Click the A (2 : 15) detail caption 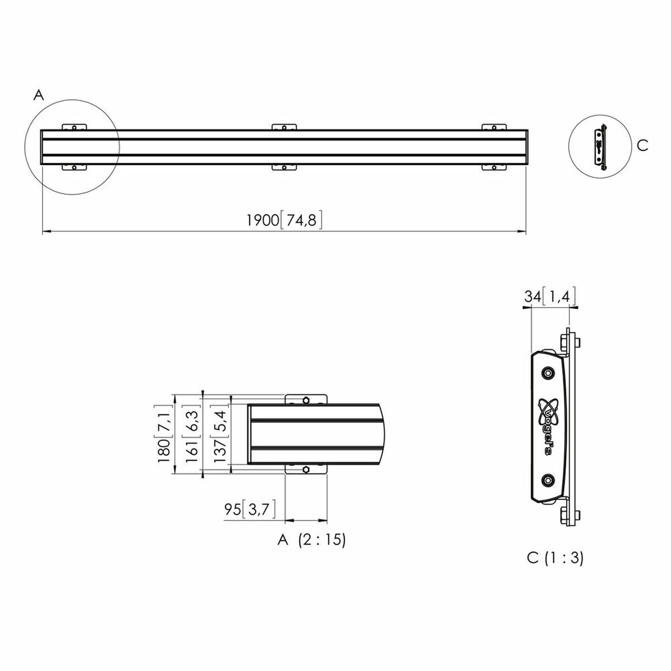311,540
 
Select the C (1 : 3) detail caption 555,557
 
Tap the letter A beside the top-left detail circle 39,96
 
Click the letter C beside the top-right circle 642,145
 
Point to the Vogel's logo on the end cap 547,425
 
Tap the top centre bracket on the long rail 285,127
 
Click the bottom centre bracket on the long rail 285,167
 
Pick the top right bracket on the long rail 495,127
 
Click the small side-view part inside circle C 600,147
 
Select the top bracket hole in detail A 306,400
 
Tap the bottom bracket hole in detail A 306,470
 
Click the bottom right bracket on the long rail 495,167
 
